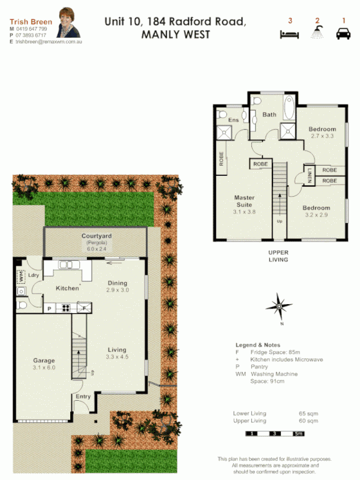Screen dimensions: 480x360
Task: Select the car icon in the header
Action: (x=343, y=34)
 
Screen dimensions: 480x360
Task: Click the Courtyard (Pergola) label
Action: (x=97, y=239)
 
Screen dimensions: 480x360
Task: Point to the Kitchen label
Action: (x=67, y=289)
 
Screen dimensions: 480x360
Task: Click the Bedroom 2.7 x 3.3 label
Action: (x=322, y=133)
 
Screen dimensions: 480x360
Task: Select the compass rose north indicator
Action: (x=279, y=305)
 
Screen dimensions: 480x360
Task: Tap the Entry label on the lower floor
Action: (x=83, y=397)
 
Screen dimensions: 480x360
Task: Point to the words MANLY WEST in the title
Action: (x=175, y=35)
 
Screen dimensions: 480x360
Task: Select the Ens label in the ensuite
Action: (x=233, y=121)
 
